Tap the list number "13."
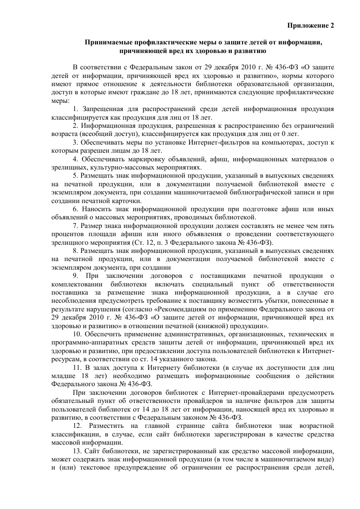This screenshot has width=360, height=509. coord(77,451)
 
